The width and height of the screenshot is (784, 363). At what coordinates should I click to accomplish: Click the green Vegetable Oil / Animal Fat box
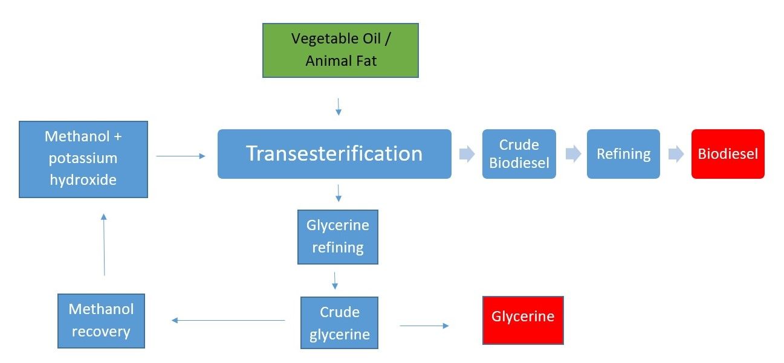(x=340, y=50)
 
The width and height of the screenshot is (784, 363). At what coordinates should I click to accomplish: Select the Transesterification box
(x=334, y=154)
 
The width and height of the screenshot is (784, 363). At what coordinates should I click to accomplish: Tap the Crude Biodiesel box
(x=519, y=154)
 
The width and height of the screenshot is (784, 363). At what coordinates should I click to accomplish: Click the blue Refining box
(x=623, y=154)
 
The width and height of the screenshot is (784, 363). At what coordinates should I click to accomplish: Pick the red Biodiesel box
(x=728, y=154)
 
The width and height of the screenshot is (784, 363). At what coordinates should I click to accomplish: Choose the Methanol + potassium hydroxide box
(x=83, y=159)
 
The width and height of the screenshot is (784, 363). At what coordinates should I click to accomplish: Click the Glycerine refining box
(x=338, y=237)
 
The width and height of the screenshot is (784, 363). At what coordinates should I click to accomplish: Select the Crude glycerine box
(x=339, y=323)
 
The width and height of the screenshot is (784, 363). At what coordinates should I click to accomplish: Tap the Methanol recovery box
(x=101, y=321)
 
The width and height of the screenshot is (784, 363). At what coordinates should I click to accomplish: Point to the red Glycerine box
(x=523, y=320)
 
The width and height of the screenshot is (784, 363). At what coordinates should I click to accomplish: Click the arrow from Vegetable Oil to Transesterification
(x=339, y=107)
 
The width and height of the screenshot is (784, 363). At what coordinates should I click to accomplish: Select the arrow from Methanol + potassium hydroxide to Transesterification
(x=181, y=156)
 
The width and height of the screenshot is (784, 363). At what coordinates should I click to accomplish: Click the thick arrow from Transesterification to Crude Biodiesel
(x=467, y=154)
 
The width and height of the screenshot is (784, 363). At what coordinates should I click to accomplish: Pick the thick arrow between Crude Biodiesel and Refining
(x=573, y=154)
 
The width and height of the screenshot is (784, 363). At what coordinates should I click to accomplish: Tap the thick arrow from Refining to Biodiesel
(x=676, y=154)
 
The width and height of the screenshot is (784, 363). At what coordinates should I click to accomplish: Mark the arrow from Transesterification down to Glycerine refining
(x=339, y=193)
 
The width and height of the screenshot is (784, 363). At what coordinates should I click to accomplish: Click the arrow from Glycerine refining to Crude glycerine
(x=335, y=281)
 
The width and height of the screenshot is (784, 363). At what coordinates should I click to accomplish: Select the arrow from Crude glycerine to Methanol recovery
(x=228, y=320)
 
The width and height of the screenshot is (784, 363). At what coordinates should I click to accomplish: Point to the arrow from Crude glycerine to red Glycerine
(x=424, y=326)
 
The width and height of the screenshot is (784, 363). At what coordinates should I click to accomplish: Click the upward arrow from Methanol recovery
(x=104, y=245)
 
